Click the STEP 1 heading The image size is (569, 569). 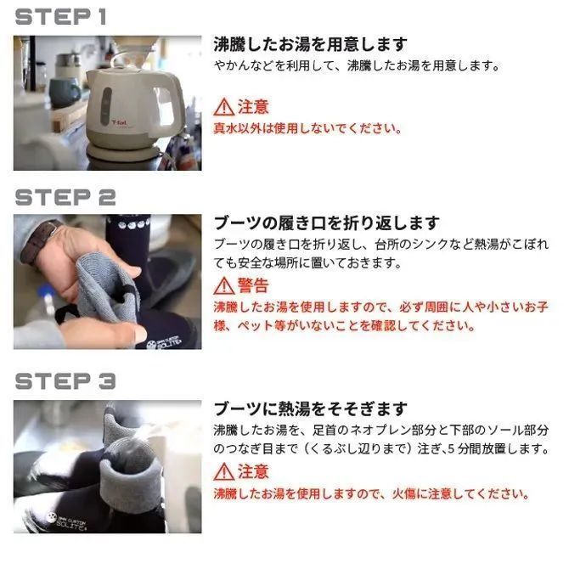60,17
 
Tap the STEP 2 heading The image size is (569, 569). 65,197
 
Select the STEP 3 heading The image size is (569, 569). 65,381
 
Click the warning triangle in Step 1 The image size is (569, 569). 224,107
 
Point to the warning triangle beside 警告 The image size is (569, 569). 224,286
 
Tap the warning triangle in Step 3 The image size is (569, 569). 224,471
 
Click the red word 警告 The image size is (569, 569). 253,285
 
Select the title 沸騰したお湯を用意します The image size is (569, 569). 310,44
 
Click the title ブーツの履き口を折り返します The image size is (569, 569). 327,223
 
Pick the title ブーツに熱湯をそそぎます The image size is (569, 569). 310,409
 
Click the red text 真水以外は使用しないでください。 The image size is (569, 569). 307,128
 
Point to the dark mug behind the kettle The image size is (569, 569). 65,93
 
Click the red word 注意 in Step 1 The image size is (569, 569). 253,107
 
